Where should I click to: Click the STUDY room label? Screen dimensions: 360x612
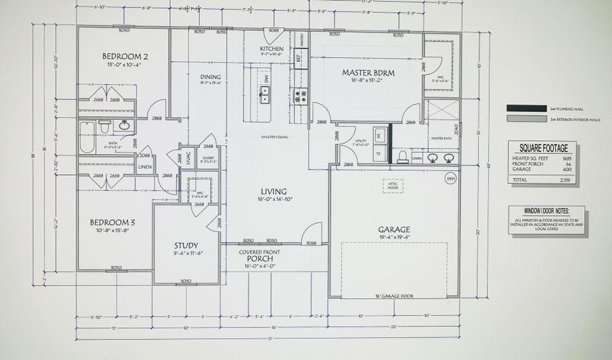[185, 245]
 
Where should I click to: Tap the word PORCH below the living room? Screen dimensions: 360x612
[260, 259]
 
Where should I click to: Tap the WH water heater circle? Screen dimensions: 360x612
[449, 178]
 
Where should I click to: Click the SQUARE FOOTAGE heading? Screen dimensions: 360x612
[542, 146]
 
